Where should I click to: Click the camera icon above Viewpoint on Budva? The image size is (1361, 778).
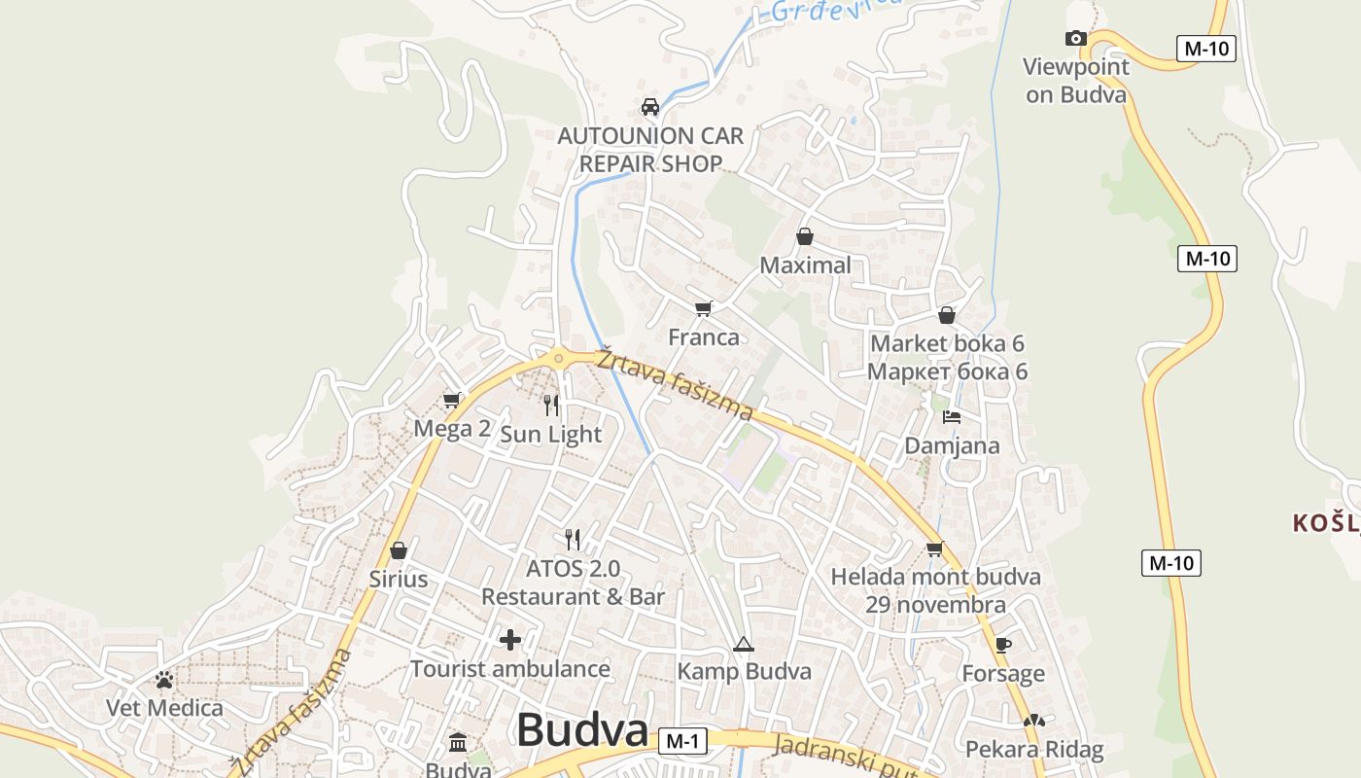pos(1075,39)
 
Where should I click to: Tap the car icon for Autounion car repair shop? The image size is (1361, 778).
pos(650,107)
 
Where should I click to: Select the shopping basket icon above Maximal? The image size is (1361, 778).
pos(805,236)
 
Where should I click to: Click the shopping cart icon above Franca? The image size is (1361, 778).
pos(704,308)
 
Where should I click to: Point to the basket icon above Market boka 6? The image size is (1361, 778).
pos(947,315)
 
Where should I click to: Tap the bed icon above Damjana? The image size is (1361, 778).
pos(952,417)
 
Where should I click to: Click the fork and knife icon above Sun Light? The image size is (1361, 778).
pos(551,405)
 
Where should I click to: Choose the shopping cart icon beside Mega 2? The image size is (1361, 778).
pos(452,400)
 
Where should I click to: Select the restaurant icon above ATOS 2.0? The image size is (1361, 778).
pos(573,539)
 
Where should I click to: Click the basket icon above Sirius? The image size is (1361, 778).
pos(399,550)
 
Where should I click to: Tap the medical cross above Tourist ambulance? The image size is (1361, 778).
pos(510,640)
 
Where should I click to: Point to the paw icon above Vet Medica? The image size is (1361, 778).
pos(164,679)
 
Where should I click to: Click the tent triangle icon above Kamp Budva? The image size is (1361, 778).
pos(744,644)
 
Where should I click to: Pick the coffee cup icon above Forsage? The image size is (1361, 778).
pos(1003,645)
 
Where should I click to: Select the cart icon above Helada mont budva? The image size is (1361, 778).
pos(935,548)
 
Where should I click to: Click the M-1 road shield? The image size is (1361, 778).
pos(681,741)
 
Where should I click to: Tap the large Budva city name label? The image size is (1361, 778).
pos(582,729)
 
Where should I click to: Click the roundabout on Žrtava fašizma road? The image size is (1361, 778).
pos(558,359)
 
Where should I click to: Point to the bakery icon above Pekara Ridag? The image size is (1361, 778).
pos(1034,722)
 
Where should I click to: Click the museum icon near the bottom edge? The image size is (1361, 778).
pos(458,744)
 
